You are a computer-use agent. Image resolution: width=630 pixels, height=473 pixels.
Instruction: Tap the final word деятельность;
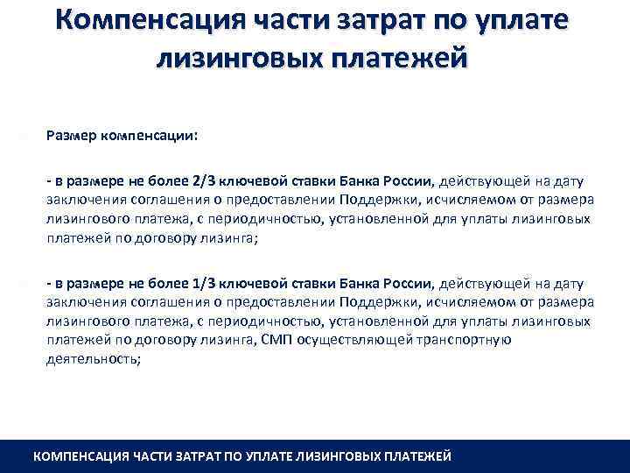[x=93, y=358]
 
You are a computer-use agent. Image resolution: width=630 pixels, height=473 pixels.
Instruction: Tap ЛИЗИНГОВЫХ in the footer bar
[x=349, y=456]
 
